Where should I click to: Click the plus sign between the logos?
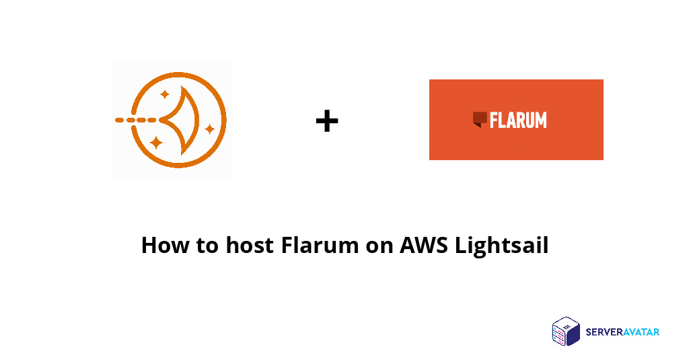click(327, 121)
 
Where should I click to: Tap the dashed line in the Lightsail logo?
click(136, 120)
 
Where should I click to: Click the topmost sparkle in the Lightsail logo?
click(165, 94)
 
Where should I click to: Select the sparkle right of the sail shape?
click(210, 129)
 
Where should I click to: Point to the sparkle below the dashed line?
click(156, 143)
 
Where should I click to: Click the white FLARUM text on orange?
click(518, 120)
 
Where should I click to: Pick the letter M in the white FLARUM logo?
click(541, 120)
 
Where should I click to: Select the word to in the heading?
click(207, 246)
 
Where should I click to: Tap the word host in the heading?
click(250, 245)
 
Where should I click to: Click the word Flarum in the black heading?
click(320, 245)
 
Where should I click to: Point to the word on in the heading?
click(379, 248)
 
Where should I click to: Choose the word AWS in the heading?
click(424, 245)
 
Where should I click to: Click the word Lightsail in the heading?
click(502, 246)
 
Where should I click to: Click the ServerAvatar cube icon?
click(567, 331)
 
